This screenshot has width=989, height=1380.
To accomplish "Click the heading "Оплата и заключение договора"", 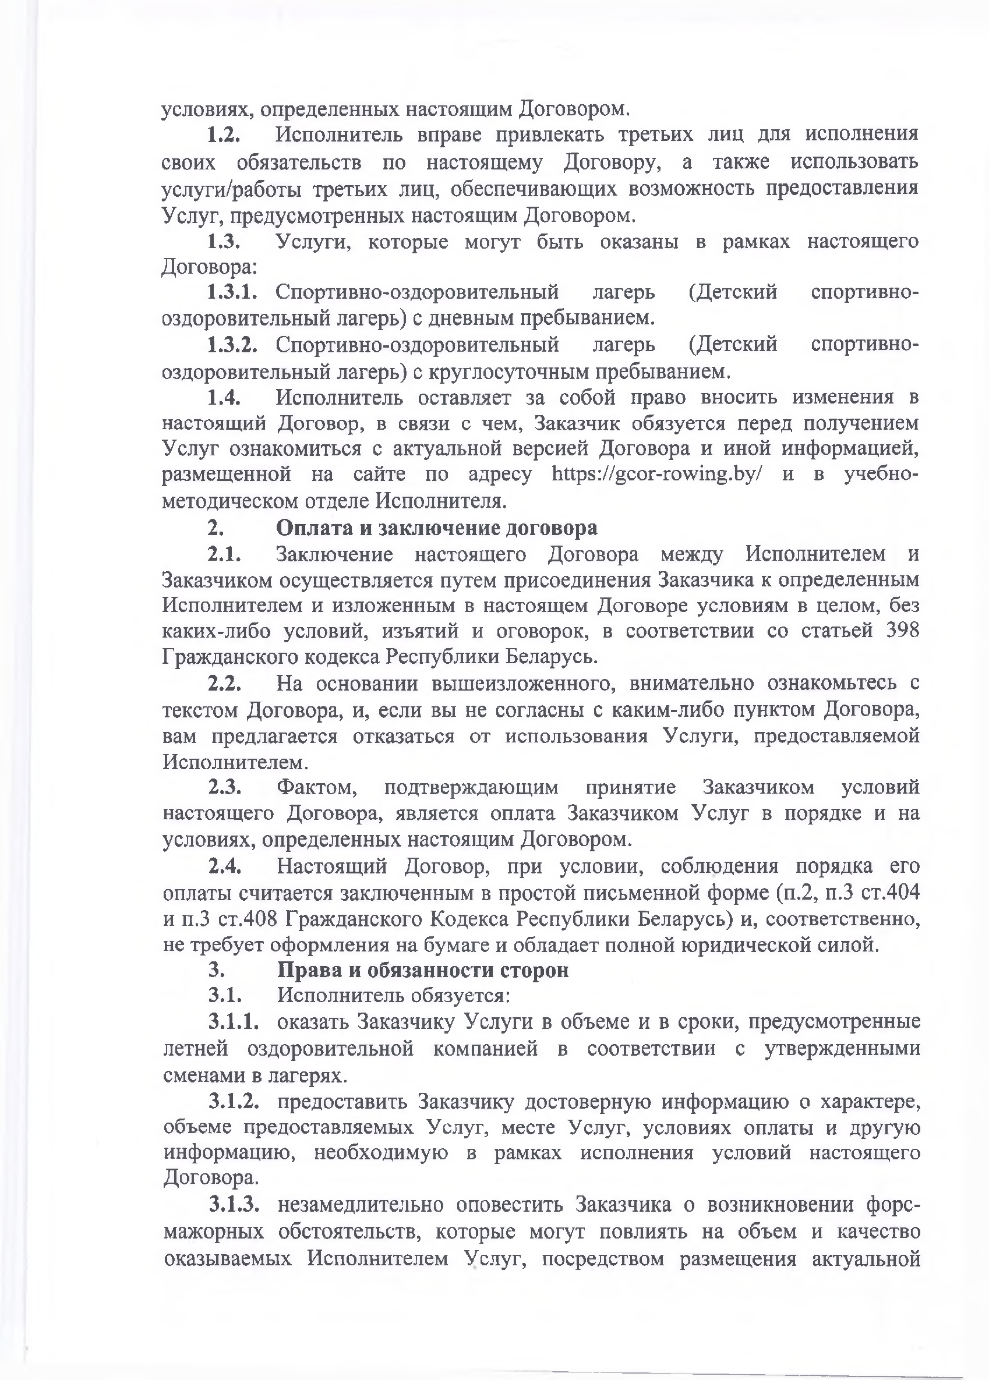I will tap(436, 528).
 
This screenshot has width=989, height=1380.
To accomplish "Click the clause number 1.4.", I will tap(224, 397).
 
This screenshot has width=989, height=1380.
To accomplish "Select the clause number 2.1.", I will tap(224, 554).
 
